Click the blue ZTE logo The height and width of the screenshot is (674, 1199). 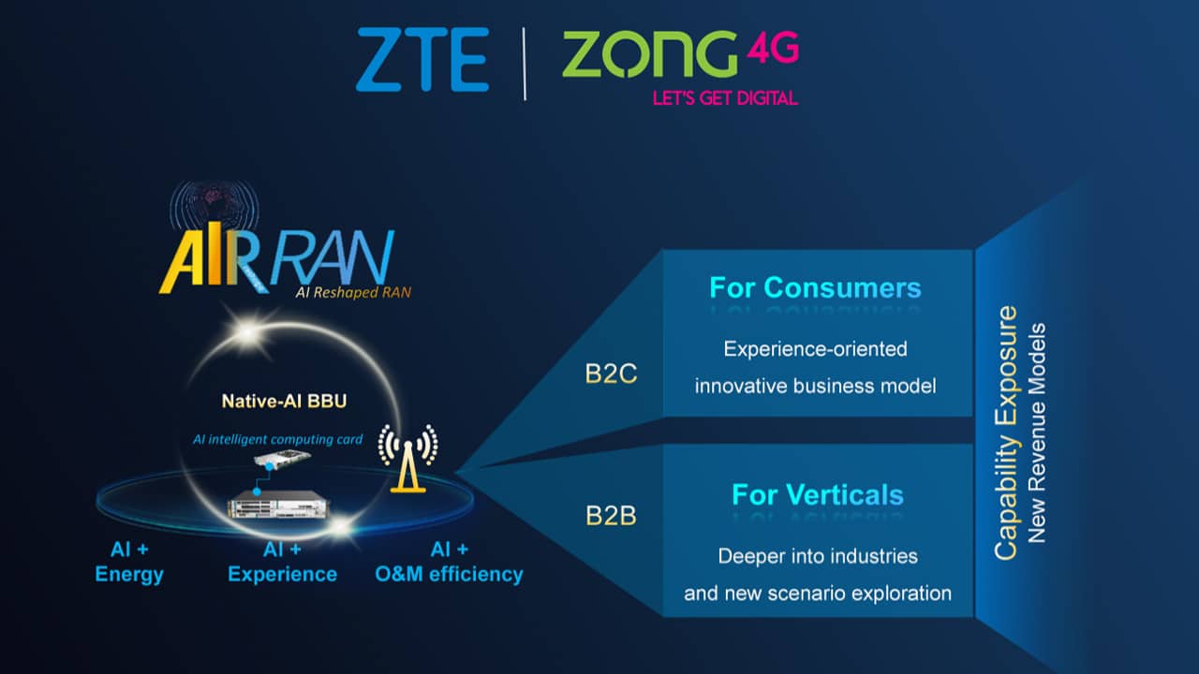[x=422, y=59]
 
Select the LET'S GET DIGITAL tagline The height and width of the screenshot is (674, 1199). [x=725, y=98]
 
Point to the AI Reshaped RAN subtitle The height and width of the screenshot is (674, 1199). [x=353, y=293]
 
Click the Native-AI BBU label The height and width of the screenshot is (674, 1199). [x=284, y=402]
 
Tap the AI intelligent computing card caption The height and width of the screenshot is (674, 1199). [x=277, y=440]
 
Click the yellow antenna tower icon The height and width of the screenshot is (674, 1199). [x=407, y=459]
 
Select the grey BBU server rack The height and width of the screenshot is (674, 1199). [x=278, y=505]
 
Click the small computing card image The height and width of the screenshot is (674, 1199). [x=282, y=459]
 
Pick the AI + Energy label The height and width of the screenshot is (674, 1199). [x=129, y=562]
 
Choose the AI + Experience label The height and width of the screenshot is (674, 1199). [x=282, y=562]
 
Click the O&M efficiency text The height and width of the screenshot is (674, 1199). [x=449, y=575]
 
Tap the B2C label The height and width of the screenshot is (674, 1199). [x=611, y=374]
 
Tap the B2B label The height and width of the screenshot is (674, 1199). [x=611, y=516]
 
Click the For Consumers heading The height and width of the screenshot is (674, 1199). [x=815, y=287]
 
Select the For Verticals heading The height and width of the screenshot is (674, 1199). [x=818, y=495]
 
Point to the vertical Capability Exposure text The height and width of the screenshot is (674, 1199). [x=1006, y=432]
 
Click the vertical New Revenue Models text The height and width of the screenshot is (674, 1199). [x=1037, y=432]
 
